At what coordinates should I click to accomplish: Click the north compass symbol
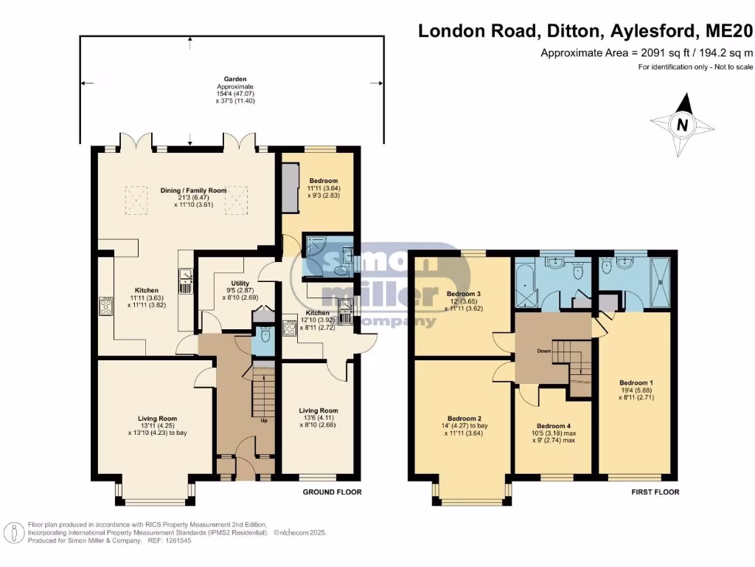point(682,126)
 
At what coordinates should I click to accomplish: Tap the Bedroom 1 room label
point(636,390)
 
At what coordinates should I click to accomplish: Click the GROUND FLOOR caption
point(332,492)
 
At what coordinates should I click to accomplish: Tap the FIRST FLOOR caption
point(655,492)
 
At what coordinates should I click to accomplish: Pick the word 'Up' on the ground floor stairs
point(265,421)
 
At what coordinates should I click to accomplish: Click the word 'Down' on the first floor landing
point(544,351)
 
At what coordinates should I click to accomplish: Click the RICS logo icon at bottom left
point(13,532)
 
